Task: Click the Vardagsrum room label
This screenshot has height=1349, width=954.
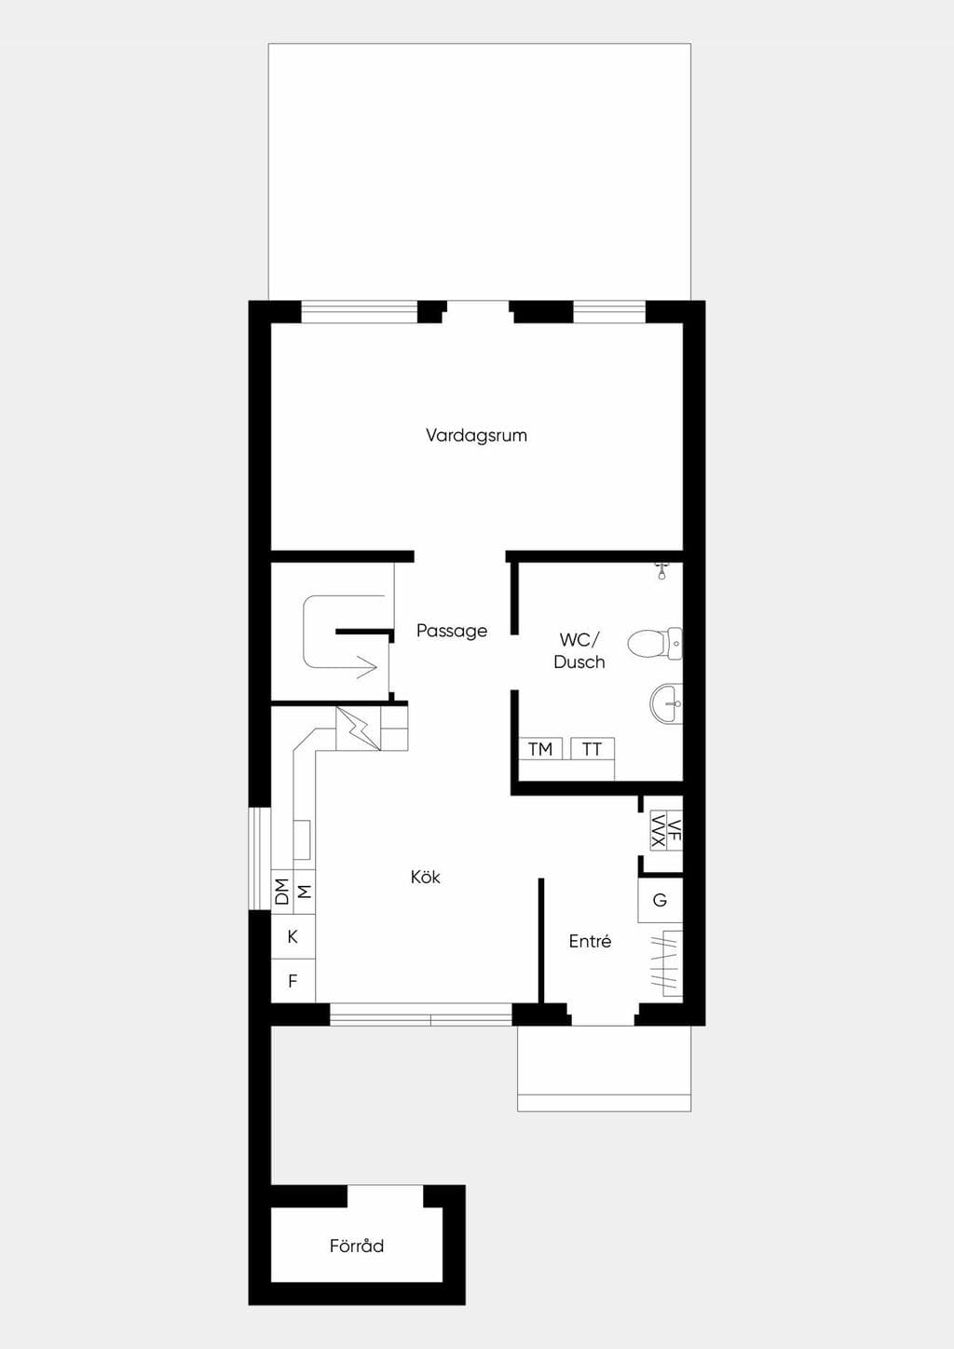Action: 476,435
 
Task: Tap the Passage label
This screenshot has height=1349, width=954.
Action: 452,631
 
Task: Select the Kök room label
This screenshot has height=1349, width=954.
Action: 425,877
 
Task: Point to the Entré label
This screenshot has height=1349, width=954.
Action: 590,941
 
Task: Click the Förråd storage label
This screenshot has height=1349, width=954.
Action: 357,1245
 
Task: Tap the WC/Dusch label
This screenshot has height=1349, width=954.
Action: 579,650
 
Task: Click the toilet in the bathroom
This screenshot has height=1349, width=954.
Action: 655,643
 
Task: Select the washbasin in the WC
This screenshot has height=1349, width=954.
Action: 666,702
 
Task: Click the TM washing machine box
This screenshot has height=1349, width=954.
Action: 540,749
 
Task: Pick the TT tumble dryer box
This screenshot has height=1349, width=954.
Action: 592,749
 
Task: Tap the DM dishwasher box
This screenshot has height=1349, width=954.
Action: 282,892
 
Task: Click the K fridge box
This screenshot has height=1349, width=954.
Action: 293,936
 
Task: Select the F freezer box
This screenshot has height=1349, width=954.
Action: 293,981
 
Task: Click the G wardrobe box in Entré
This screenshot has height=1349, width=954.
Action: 661,900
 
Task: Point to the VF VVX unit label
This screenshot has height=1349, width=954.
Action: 666,831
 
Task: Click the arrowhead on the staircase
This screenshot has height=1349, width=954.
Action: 367,667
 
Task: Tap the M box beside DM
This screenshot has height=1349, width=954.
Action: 304,892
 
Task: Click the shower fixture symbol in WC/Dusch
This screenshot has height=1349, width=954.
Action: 661,570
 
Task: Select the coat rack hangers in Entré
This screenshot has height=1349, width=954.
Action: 666,963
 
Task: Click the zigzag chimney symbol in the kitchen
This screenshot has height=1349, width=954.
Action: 358,729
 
